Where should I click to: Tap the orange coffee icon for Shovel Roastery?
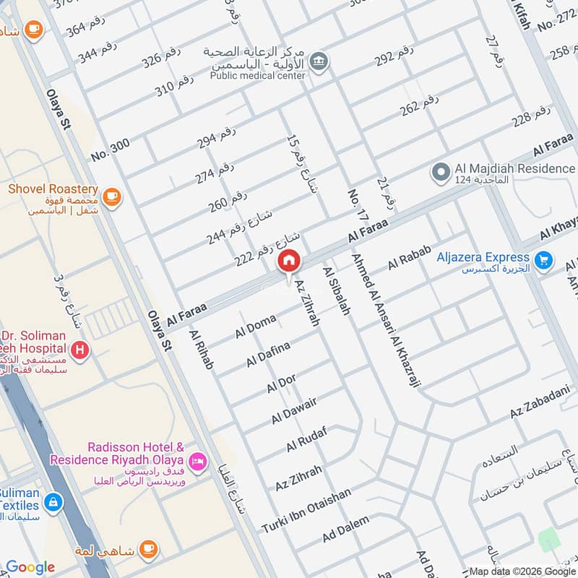click(111, 196)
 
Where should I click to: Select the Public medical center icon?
click(319, 62)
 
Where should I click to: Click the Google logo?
click(30, 567)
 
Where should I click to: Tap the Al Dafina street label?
click(268, 353)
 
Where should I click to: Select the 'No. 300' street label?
click(111, 150)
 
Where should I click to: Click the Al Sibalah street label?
click(337, 290)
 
